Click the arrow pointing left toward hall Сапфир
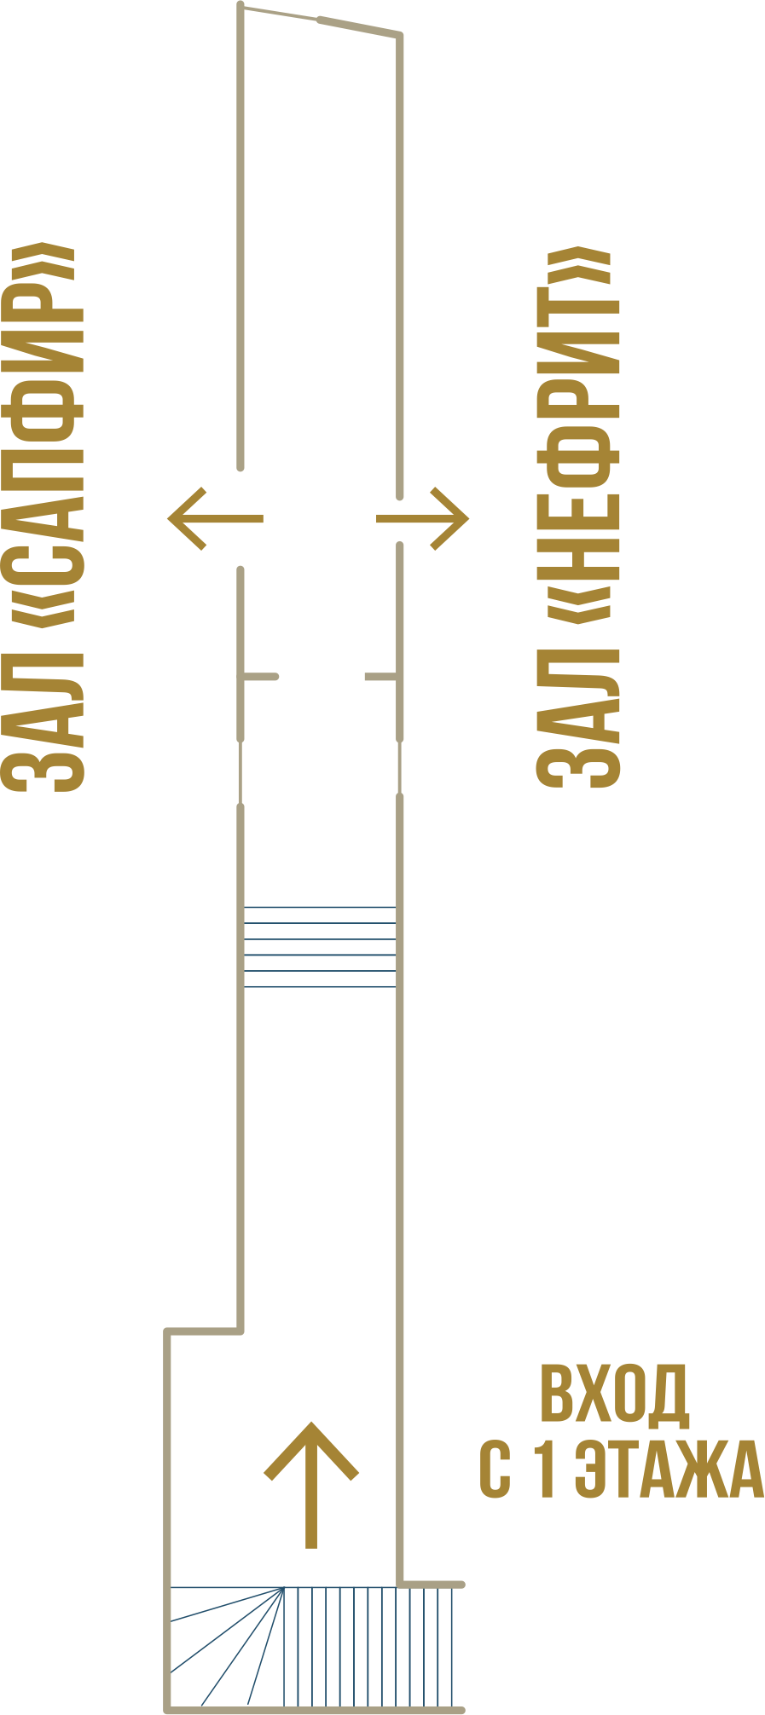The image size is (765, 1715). [x=213, y=517]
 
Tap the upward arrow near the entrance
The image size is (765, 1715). [x=311, y=1483]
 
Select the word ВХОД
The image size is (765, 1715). [x=614, y=1395]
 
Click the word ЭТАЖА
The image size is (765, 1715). [x=669, y=1469]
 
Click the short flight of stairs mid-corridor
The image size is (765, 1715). [x=320, y=947]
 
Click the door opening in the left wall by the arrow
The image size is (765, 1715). [x=241, y=517]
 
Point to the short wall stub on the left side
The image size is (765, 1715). [x=261, y=677]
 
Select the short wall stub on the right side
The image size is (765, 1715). [x=380, y=677]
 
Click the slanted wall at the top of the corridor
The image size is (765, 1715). [x=320, y=20]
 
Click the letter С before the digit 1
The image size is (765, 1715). [x=495, y=1469]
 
